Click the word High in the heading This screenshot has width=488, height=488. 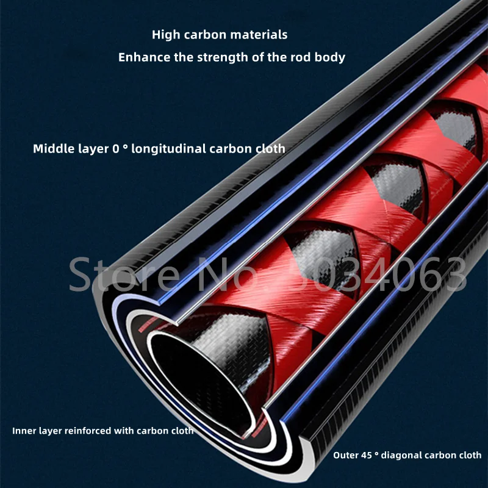click(166, 35)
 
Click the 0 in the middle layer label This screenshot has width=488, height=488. click(116, 149)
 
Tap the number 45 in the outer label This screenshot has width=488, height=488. click(367, 455)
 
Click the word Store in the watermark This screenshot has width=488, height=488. click(124, 275)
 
